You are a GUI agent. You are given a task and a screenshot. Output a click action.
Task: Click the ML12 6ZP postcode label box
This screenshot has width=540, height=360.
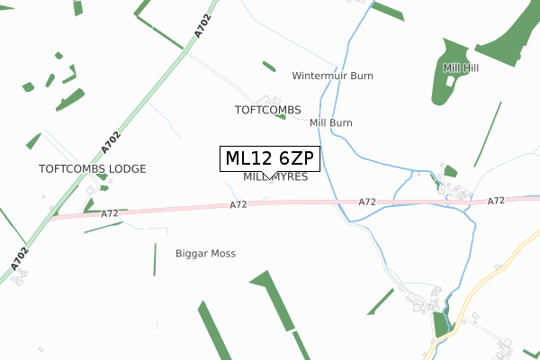pos(269,158)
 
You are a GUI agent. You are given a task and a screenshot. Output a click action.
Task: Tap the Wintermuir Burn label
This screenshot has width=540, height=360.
pos(332,76)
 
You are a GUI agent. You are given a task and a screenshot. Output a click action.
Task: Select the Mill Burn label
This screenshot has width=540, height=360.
pos(330,122)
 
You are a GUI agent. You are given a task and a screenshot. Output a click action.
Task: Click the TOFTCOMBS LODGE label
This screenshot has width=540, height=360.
pos(92,168)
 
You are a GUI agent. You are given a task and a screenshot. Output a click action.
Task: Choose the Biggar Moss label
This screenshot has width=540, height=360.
pos(205,254)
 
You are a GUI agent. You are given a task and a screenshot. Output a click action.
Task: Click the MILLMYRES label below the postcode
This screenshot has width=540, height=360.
pos(275,178)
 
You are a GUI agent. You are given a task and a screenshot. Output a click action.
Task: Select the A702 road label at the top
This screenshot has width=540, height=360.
pos(202,24)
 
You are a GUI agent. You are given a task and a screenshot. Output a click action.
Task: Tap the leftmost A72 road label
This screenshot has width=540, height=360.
pos(110,213)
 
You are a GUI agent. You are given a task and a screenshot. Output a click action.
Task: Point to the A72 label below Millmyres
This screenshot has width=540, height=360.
pos(238,205)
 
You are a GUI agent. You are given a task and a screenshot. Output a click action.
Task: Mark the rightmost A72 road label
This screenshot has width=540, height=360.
pos(496,202)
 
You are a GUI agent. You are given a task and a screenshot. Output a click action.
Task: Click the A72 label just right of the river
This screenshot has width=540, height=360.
pos(366,202)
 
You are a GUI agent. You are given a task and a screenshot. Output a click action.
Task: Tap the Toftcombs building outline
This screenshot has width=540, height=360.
pos(266,98)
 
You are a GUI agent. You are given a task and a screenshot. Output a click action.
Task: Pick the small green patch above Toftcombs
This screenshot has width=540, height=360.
pos(269,66)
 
